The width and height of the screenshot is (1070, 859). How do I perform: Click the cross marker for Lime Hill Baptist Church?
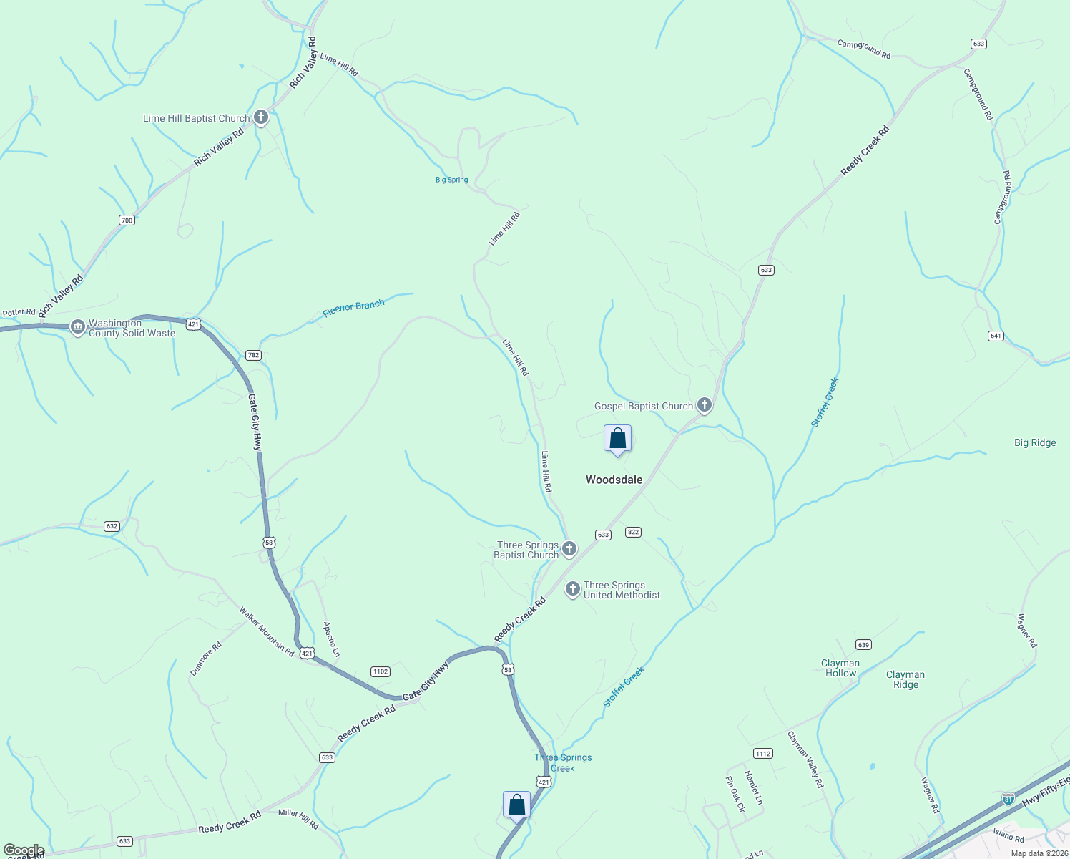(261, 117)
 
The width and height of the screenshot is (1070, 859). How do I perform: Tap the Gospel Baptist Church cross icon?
(705, 405)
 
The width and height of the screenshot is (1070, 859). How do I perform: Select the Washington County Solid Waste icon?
(78, 327)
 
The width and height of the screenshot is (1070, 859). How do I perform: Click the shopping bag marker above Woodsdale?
(617, 439)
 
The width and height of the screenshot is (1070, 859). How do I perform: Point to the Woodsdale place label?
(614, 480)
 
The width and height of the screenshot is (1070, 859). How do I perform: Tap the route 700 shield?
(127, 220)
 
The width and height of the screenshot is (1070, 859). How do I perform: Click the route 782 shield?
(253, 355)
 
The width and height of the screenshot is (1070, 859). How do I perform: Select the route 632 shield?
(111, 526)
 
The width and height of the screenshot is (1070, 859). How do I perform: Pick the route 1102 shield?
(380, 671)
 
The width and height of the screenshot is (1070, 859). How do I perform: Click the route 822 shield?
(633, 532)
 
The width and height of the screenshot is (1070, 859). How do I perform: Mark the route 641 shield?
(996, 336)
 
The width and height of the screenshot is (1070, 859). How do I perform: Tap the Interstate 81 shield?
(1008, 799)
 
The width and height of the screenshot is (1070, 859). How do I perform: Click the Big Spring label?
(451, 180)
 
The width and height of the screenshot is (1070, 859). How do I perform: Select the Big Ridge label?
(1035, 442)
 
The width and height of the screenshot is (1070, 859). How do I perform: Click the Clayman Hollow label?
(840, 668)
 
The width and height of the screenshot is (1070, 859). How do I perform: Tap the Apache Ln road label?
(331, 639)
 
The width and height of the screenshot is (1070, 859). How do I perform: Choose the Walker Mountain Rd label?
(267, 632)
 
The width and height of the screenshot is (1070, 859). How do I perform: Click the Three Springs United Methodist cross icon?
(572, 589)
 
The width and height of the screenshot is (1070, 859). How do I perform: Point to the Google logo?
(24, 850)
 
